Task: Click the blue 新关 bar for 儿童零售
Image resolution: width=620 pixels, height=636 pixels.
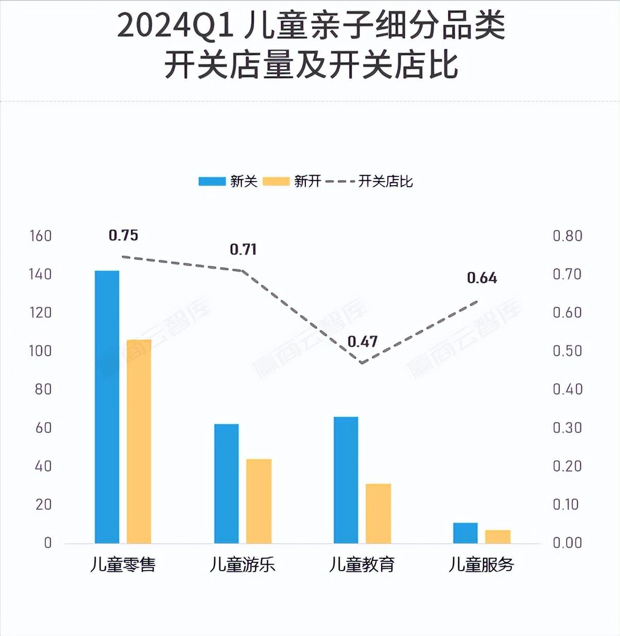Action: pos(107,407)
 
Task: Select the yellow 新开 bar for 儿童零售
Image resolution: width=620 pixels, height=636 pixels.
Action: pos(139,441)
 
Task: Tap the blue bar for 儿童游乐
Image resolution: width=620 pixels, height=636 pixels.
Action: pos(227,483)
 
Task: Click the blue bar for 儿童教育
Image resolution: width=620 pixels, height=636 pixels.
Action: pos(346,480)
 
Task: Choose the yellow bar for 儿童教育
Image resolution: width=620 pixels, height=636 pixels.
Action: pos(378,513)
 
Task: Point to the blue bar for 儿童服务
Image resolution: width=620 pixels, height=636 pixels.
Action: pos(466,533)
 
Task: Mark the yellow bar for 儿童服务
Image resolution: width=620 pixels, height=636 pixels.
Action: pos(498,536)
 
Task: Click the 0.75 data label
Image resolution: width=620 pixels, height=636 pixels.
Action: pos(124,236)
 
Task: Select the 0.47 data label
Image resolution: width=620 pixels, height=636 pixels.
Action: pos(363,342)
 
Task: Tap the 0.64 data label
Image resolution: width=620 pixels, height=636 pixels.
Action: pos(482,278)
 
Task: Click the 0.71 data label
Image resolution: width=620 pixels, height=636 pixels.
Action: pos(243,250)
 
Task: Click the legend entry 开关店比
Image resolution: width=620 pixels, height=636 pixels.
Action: pos(385,182)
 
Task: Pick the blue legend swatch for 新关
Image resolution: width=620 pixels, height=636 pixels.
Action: pos(212,182)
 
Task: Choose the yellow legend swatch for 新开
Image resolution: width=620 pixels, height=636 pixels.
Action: pos(276,182)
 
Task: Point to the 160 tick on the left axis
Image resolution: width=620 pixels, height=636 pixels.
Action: pos(41,236)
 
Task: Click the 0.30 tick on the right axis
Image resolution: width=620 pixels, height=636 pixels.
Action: pos(567,428)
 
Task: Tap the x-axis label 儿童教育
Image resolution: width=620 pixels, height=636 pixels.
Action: pos(362,565)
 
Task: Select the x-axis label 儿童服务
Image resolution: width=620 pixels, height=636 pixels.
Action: pos(481,565)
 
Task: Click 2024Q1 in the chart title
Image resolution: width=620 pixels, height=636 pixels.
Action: pos(175,27)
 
